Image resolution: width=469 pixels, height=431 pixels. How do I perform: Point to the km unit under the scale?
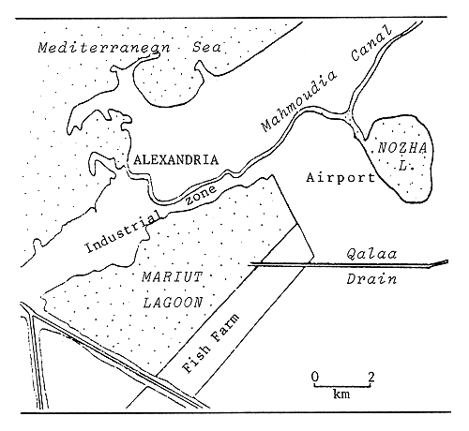[343, 394]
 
